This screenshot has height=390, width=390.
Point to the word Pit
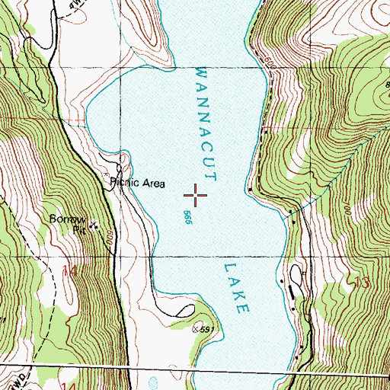78,228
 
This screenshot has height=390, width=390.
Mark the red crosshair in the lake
196,196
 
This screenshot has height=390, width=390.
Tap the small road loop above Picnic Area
120,164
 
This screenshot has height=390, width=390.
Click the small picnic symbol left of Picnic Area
106,175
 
